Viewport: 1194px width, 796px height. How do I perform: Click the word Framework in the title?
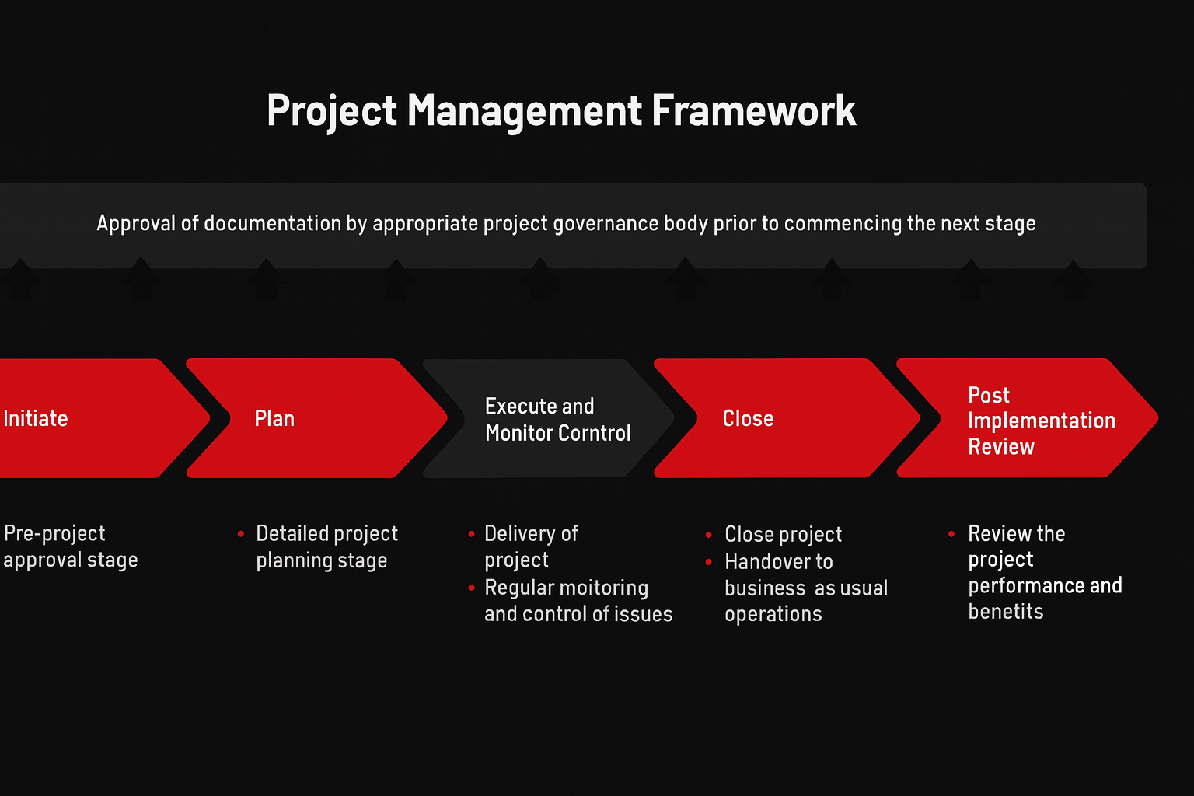pyautogui.click(x=753, y=111)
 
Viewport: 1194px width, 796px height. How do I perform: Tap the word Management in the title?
pyautogui.click(x=524, y=111)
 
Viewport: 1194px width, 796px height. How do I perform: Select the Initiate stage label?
pyautogui.click(x=36, y=419)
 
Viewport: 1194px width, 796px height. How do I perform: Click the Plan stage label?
pyautogui.click(x=274, y=419)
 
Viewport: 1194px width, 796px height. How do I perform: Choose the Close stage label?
pyautogui.click(x=748, y=419)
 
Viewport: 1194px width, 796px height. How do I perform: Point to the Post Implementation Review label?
pyautogui.click(x=1040, y=421)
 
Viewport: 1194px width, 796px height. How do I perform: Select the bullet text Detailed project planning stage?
pyautogui.click(x=326, y=546)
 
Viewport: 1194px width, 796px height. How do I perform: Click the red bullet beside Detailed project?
pyautogui.click(x=241, y=534)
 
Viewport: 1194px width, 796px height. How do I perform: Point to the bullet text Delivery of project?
pyautogui.click(x=530, y=546)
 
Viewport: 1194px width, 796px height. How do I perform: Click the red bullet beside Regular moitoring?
pyautogui.click(x=472, y=588)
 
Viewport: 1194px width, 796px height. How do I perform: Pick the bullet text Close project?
pyautogui.click(x=783, y=535)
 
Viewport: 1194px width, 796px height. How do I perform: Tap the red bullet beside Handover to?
pyautogui.click(x=709, y=561)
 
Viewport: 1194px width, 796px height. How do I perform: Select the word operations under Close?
pyautogui.click(x=773, y=614)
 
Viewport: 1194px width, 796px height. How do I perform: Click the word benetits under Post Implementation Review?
pyautogui.click(x=1005, y=612)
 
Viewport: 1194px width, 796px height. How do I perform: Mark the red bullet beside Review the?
pyautogui.click(x=951, y=534)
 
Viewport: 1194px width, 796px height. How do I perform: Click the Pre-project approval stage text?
pyautogui.click(x=70, y=546)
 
